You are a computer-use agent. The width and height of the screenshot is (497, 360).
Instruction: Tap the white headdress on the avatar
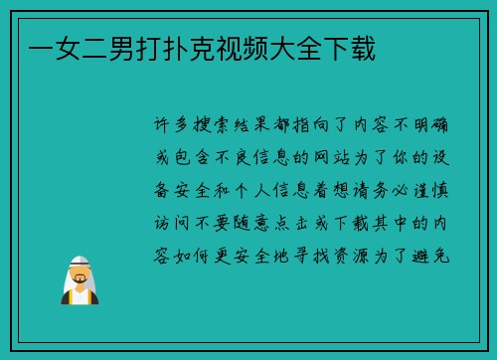[80, 261]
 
